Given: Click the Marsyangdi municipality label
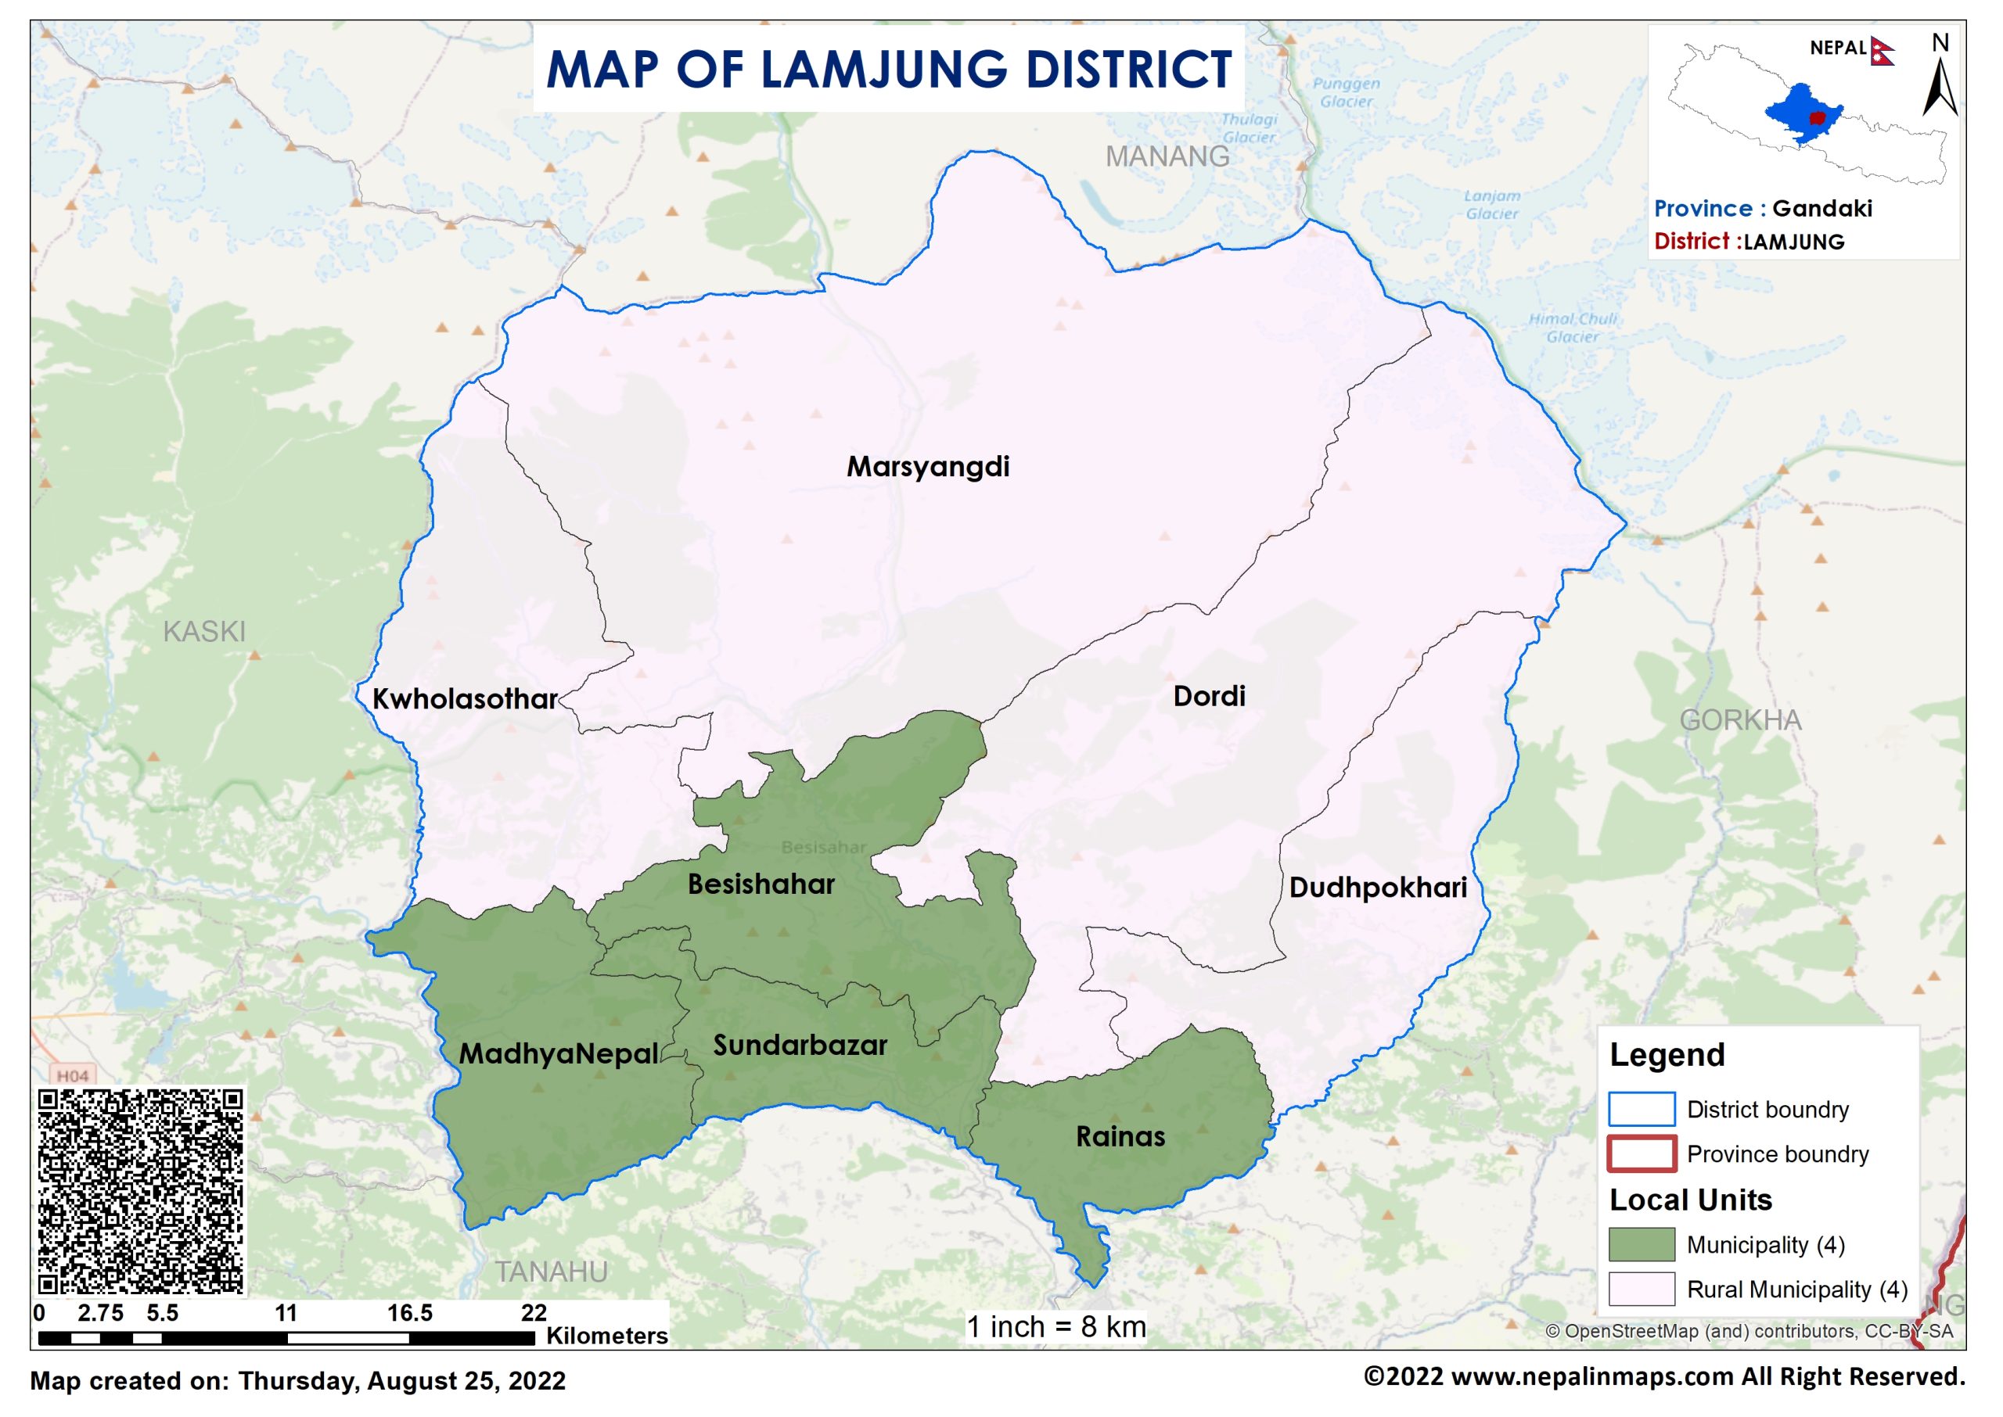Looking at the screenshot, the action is click(928, 467).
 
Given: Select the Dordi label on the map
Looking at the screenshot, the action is click(1209, 696).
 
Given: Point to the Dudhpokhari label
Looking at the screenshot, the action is click(1378, 888).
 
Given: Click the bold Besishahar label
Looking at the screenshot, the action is click(761, 884).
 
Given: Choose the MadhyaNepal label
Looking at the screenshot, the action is click(559, 1054).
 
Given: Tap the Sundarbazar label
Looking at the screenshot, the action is click(800, 1046).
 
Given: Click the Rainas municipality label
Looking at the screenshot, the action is click(1120, 1137).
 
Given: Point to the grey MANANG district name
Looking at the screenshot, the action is click(1167, 157).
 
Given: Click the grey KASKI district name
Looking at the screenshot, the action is click(204, 632).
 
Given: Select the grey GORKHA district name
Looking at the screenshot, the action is click(1740, 721).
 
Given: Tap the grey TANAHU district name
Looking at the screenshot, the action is click(552, 1272).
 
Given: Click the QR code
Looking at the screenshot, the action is click(141, 1191).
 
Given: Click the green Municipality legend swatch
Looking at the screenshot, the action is click(1641, 1244).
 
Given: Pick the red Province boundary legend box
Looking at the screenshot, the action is click(1641, 1153).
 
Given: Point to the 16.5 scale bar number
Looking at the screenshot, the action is click(409, 1313).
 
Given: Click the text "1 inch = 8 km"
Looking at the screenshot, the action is click(1055, 1327).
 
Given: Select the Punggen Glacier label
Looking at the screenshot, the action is click(1347, 92).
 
